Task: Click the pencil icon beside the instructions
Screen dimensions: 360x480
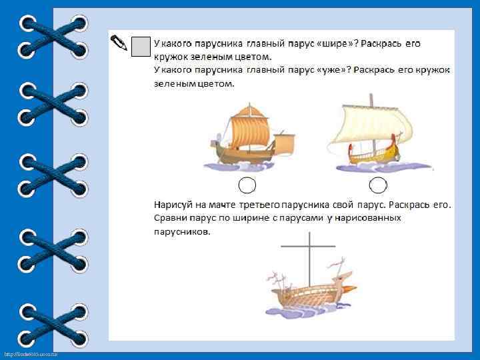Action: pos(119,43)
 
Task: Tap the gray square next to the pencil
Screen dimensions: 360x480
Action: pos(140,45)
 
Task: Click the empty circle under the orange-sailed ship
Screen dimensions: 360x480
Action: pos(247,185)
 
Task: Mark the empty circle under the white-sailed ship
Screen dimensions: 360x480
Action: pos(378,185)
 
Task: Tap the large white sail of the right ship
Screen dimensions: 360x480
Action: pos(370,127)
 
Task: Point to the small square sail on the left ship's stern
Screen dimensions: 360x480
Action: pos(285,141)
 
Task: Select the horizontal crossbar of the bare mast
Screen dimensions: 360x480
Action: pos(310,247)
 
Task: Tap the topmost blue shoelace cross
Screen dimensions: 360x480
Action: pos(54,37)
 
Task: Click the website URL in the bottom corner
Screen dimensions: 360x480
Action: pos(29,354)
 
